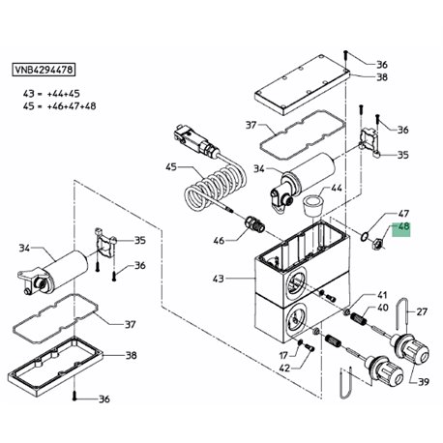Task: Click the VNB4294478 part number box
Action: (44, 70)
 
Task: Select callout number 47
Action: (403, 214)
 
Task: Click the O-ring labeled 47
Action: (365, 237)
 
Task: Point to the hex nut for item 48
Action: (377, 242)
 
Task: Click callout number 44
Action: (336, 188)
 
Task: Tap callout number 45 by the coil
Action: (171, 167)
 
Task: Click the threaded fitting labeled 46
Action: (255, 224)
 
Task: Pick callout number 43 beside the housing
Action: (219, 279)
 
